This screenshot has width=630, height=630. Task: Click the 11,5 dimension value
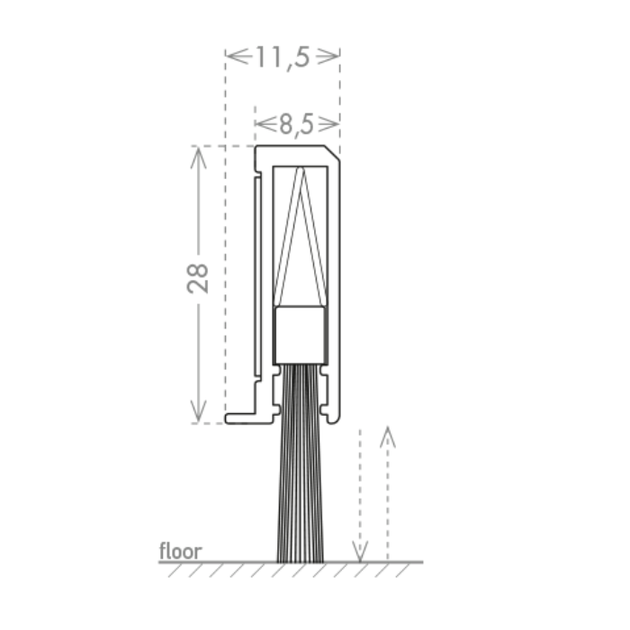coord(283,58)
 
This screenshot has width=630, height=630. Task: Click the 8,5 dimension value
coord(296,124)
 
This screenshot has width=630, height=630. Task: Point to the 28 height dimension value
coord(198,278)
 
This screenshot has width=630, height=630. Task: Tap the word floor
coord(180,551)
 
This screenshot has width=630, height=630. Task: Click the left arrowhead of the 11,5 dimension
coord(237,56)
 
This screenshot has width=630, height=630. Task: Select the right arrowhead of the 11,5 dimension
coord(328,56)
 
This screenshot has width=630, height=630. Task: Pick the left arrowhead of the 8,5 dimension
coord(265,124)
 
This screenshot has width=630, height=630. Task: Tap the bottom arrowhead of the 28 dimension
coord(199,411)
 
